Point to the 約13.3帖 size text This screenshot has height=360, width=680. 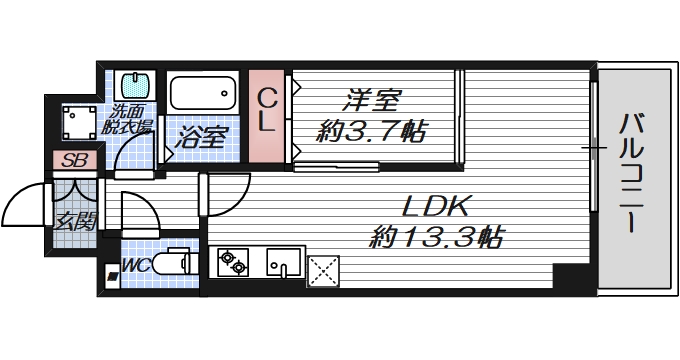tap(436, 238)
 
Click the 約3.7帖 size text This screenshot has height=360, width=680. tap(372, 129)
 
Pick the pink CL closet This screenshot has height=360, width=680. tap(267, 115)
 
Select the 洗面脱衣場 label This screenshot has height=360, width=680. tap(130, 120)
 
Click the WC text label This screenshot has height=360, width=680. tap(136, 265)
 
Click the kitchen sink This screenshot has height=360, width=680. tap(284, 263)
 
